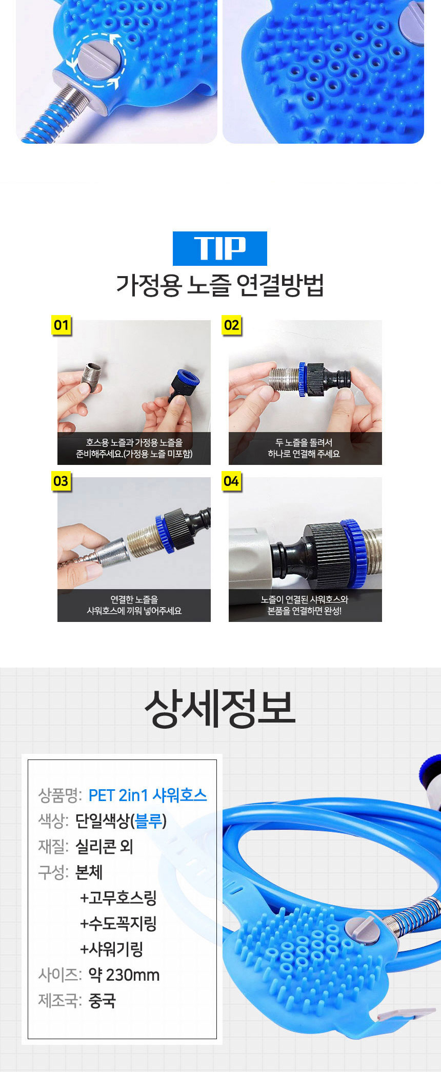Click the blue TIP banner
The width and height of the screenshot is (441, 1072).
[x=219, y=248]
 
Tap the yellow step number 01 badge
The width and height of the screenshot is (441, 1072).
[x=62, y=325]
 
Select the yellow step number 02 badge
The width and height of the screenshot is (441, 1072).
[x=232, y=325]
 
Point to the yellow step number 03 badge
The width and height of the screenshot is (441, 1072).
[x=61, y=481]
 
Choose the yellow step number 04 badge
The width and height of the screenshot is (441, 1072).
[x=231, y=481]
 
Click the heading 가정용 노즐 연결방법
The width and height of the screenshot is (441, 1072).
[x=220, y=285]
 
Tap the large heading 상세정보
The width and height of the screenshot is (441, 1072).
[x=220, y=708]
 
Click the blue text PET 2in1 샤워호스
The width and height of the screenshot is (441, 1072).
[x=148, y=795]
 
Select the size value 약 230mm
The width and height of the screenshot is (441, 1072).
[x=124, y=975]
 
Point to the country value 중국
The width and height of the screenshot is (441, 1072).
[x=102, y=1001]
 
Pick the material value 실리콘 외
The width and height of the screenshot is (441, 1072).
[x=104, y=847]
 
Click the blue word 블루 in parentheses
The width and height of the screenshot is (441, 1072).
[x=149, y=821]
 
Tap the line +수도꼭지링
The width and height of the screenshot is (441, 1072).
[x=118, y=924]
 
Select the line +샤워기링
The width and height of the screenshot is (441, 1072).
[x=112, y=949]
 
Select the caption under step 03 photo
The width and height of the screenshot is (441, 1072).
[x=134, y=605]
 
